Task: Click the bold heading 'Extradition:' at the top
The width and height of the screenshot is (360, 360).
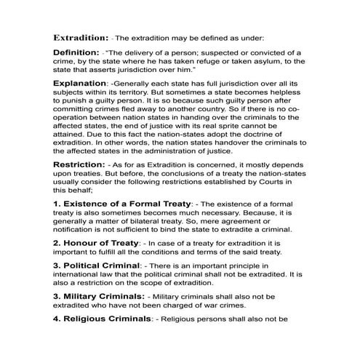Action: pyautogui.click(x=80, y=36)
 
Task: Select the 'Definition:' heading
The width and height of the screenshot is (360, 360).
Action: pyautogui.click(x=76, y=53)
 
